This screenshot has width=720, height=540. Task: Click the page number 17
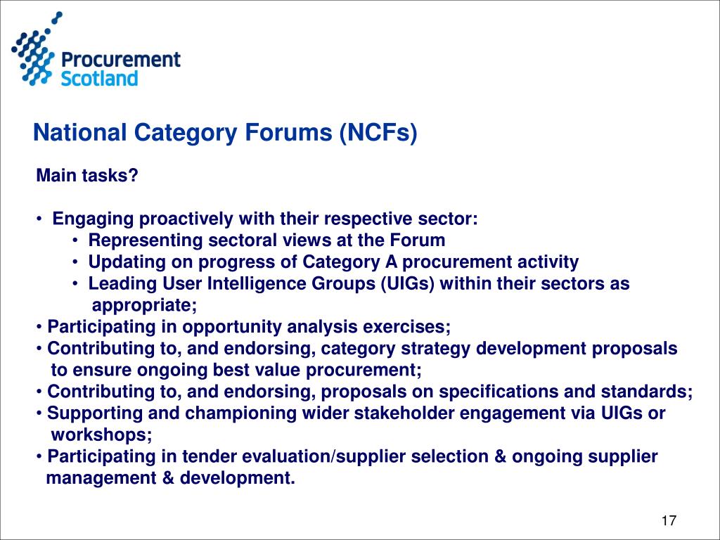coord(668,521)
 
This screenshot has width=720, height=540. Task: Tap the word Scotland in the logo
coord(99,77)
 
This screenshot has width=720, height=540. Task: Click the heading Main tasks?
coord(87,176)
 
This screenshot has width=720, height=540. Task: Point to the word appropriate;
coord(145,305)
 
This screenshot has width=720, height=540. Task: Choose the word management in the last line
coord(96,478)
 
